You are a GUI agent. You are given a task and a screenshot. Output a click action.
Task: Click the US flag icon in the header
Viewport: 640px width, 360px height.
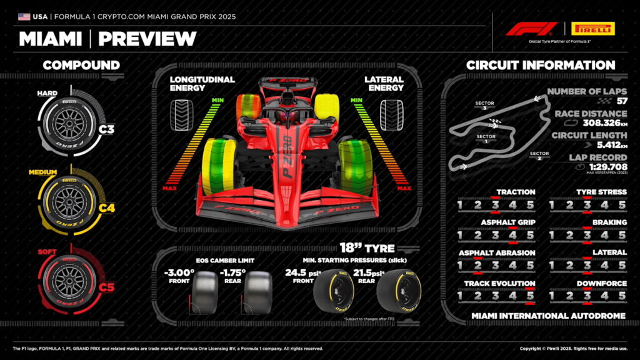pos(24,16)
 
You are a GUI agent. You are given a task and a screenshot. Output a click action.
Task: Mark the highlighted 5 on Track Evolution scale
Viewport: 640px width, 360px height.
pos(530,296)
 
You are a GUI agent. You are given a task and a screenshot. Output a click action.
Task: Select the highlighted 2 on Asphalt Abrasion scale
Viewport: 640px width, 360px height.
pos(477,266)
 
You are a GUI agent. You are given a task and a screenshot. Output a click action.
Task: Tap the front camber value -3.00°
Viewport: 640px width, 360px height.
pos(179,273)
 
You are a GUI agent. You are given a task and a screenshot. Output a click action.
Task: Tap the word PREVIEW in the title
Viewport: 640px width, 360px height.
pos(147,39)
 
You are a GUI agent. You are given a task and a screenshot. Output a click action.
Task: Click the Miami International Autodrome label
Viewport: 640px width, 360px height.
pos(548,316)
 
